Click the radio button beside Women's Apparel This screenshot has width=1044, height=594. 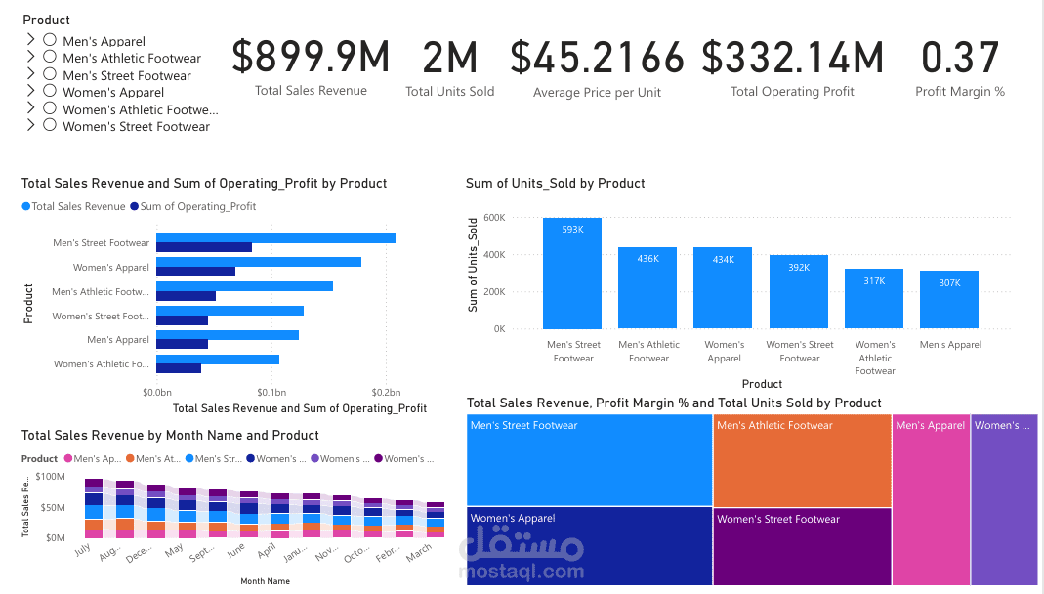tap(50, 92)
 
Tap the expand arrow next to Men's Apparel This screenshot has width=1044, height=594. tap(30, 40)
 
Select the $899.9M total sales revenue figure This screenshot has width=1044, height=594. tap(311, 58)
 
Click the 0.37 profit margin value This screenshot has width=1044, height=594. tap(960, 58)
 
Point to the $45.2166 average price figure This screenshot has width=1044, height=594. tap(597, 58)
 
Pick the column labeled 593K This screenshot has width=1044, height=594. tap(572, 274)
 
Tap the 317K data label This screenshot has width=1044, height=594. tap(874, 281)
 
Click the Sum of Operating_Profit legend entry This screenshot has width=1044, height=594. tap(197, 206)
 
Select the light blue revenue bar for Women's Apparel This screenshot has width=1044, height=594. tap(259, 262)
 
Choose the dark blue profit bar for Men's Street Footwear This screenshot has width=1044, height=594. tap(204, 247)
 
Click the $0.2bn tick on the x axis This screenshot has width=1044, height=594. tap(387, 392)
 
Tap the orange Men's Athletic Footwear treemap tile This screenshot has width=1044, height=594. tap(802, 460)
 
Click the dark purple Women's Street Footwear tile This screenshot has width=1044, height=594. tap(802, 547)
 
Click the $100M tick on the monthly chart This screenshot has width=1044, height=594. tap(49, 477)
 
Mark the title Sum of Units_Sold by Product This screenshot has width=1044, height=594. tap(555, 183)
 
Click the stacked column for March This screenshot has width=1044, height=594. tap(435, 520)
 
